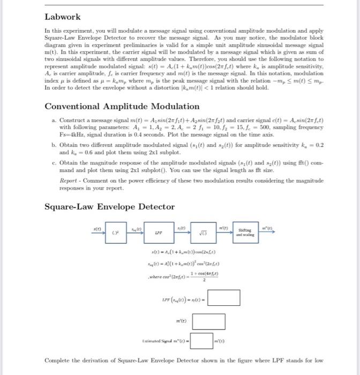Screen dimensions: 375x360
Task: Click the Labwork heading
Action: point(63,17)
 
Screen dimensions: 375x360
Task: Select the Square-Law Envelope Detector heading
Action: point(109,206)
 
